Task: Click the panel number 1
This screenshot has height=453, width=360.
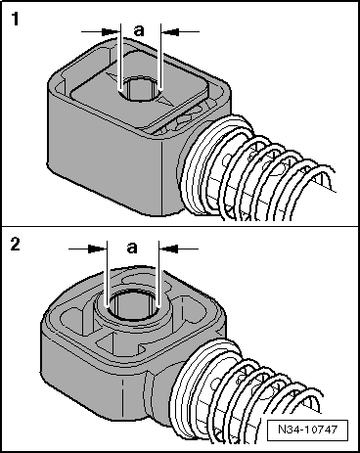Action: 16,19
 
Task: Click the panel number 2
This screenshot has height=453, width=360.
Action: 16,244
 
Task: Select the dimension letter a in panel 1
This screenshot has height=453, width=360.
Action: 139,30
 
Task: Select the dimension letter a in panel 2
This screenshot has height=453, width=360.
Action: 132,248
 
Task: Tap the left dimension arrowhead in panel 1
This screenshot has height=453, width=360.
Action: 111,32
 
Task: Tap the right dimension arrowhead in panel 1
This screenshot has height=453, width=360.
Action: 171,32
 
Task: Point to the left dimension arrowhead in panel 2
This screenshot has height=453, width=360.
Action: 97,249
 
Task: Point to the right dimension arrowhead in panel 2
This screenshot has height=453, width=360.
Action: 169,249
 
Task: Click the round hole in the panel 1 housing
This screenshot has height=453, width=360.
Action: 141,89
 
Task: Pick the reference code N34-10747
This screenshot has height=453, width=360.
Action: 307,429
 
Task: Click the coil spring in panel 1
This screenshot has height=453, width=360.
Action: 257,169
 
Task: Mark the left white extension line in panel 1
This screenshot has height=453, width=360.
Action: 120,58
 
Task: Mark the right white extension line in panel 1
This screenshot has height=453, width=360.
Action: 160,58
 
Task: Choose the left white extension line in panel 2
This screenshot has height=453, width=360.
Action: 107,275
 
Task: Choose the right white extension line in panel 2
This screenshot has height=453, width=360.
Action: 158,275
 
